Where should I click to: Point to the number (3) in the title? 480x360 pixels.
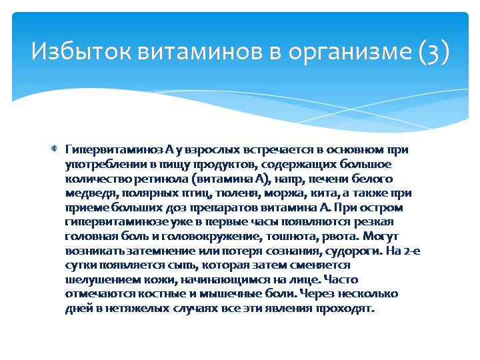point(434,51)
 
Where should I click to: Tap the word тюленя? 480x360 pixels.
point(241,193)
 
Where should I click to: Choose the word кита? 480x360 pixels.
point(326,193)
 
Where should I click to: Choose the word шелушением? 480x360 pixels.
point(97,281)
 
